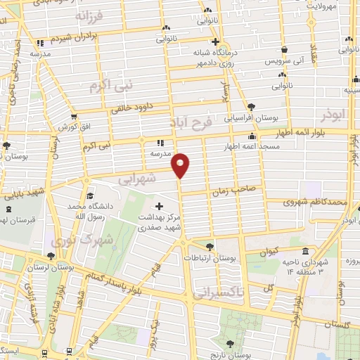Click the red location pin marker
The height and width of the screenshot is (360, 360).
click(181, 165)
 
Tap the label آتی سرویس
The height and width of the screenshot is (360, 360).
click(283, 63)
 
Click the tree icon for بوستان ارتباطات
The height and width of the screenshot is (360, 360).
click(210, 246)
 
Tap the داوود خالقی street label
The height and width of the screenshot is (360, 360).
click(136, 108)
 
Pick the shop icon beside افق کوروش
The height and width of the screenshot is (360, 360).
click(74, 117)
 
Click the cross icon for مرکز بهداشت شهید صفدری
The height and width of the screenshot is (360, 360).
click(158, 207)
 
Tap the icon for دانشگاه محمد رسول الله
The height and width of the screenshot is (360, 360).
click(89, 197)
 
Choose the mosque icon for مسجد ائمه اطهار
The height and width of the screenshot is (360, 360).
click(252, 136)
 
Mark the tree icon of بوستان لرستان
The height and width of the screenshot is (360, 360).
click(50, 257)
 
